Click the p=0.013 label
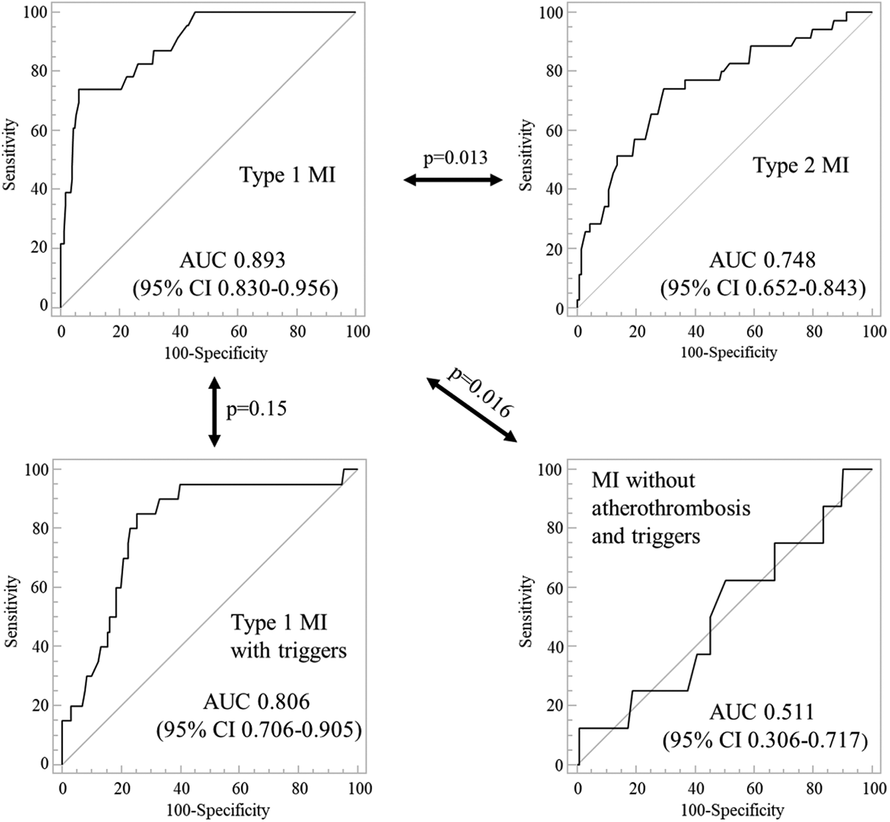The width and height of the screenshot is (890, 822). pyautogui.click(x=455, y=159)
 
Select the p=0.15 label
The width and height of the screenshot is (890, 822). pyautogui.click(x=257, y=409)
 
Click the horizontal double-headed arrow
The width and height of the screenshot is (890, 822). pyautogui.click(x=453, y=180)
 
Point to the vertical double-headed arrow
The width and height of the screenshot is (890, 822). pyautogui.click(x=214, y=411)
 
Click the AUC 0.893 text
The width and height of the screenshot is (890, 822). pyautogui.click(x=233, y=260)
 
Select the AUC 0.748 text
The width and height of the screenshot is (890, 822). pyautogui.click(x=763, y=260)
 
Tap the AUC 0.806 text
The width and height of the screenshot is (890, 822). pyautogui.click(x=257, y=702)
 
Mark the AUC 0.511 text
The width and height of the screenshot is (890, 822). pyautogui.click(x=762, y=713)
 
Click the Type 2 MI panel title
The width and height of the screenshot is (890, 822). pyautogui.click(x=800, y=165)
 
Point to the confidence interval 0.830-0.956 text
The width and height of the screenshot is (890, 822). pyautogui.click(x=235, y=288)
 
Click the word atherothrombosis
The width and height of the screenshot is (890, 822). pyautogui.click(x=671, y=508)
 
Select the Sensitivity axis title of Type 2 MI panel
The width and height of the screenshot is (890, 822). pyautogui.click(x=526, y=155)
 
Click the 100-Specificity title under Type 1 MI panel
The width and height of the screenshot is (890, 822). pyautogui.click(x=216, y=353)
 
